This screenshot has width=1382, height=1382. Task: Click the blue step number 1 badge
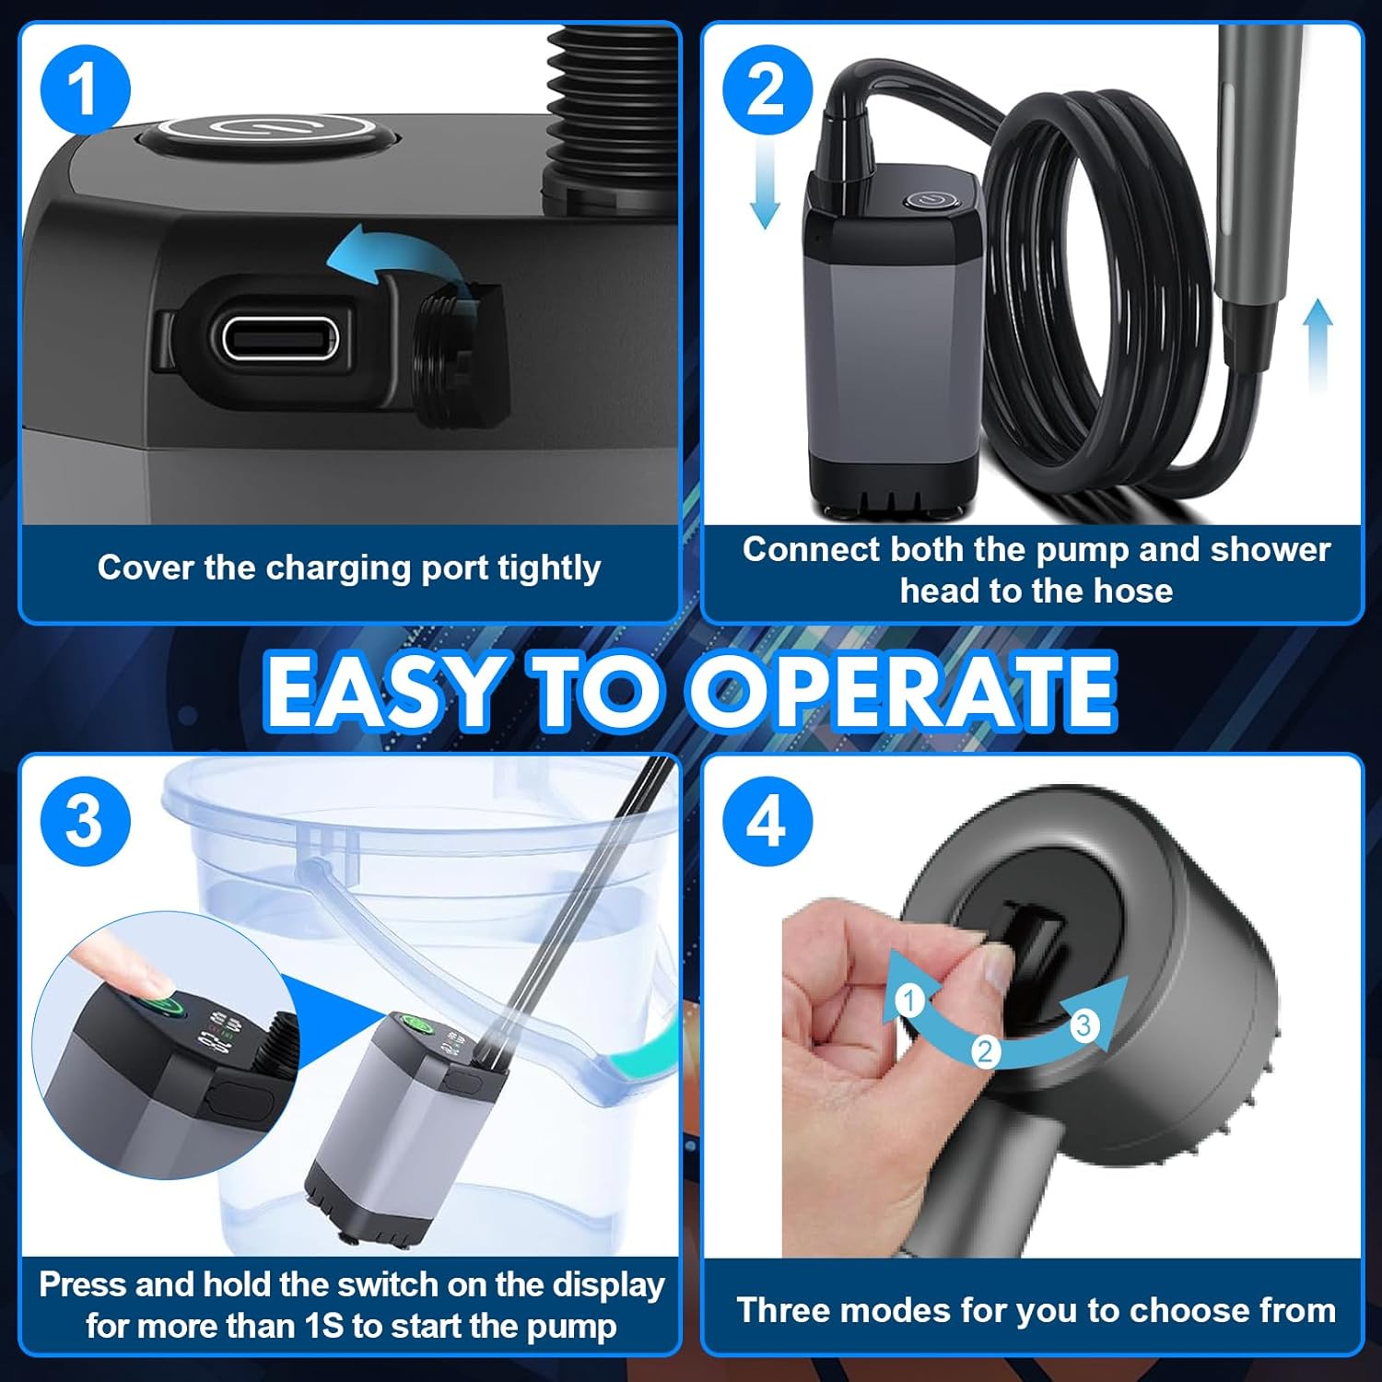point(85,89)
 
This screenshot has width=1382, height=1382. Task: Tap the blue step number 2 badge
point(767,89)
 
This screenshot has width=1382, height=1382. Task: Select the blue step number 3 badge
point(85,820)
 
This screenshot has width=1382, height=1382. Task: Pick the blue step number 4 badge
point(767,820)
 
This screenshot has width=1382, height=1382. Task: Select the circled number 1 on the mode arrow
point(910,1000)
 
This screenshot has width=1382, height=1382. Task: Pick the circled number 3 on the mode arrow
point(1083,1025)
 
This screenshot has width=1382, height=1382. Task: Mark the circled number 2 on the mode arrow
point(986,1051)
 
